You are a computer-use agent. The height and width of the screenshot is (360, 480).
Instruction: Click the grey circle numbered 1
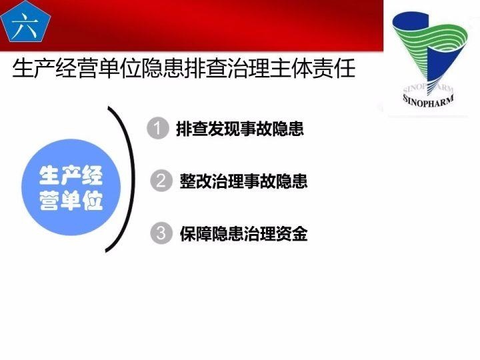(157, 128)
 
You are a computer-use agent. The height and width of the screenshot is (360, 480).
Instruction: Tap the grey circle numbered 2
(160, 181)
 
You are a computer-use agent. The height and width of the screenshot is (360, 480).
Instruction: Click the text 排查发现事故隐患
(240, 129)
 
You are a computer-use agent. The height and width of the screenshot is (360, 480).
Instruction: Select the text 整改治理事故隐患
(243, 181)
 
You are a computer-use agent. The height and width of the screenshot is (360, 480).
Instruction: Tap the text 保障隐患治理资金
(243, 234)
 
